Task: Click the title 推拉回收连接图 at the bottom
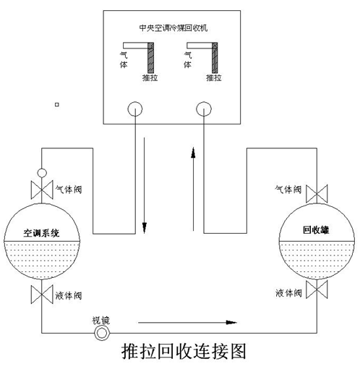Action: tap(184, 351)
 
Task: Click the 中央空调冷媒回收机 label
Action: tap(173, 28)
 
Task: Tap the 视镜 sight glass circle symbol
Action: tap(102, 333)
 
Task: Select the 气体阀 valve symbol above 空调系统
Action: tap(42, 190)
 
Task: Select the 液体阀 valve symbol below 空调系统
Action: tap(42, 295)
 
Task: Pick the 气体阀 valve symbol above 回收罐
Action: tap(317, 193)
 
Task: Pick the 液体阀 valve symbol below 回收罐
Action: tap(317, 289)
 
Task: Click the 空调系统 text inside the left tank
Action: tap(41, 233)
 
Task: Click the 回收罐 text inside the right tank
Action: tap(316, 230)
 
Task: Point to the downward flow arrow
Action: tap(145, 185)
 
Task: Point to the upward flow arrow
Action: tap(193, 189)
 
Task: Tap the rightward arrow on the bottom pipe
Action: tap(187, 322)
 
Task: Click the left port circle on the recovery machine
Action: tap(135, 109)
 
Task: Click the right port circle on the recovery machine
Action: tap(204, 109)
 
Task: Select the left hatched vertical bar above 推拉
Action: tap(150, 58)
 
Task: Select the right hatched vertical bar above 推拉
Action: tap(215, 58)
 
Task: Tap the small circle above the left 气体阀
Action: tap(42, 173)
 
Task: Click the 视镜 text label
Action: tap(101, 321)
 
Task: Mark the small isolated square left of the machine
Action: tap(57, 104)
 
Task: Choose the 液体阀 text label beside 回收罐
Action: tap(288, 293)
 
